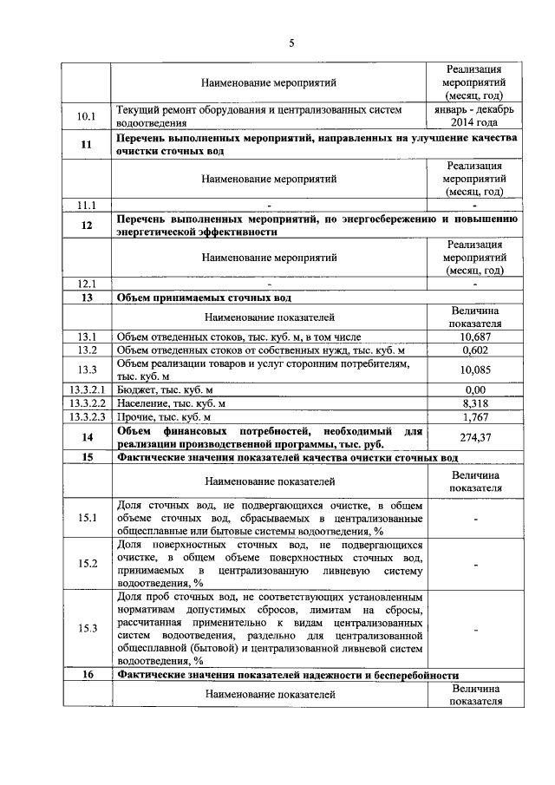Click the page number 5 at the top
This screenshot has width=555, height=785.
click(292, 43)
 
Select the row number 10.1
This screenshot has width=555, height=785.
click(86, 116)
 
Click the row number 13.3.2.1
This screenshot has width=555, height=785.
click(86, 389)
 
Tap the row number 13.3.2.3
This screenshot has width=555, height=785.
click(86, 416)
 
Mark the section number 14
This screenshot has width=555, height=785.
click(86, 437)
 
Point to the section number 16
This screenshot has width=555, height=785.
click(86, 674)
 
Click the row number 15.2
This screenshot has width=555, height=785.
click(86, 563)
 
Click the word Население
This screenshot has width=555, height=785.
click(142, 403)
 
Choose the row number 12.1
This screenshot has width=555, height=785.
click(86, 284)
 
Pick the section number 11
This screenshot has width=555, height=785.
click(86, 145)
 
